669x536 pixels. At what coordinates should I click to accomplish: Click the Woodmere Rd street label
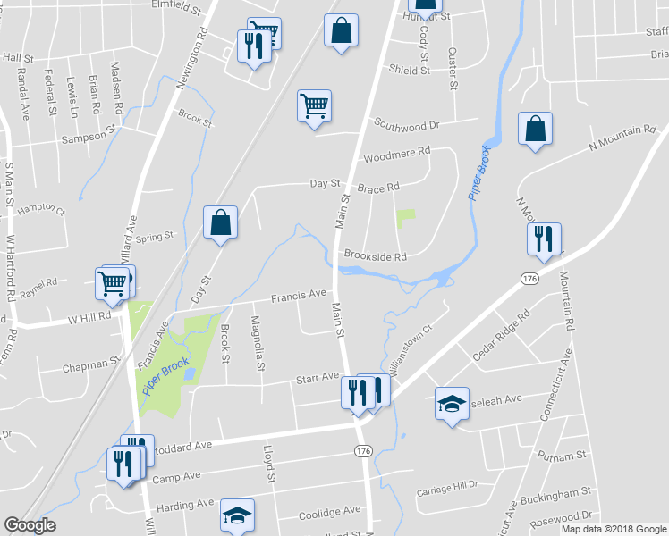click(x=397, y=154)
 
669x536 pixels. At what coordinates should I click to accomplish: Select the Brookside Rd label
click(x=375, y=256)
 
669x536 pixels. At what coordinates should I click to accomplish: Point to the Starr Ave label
click(x=318, y=378)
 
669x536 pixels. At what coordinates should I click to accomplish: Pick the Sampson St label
click(x=89, y=139)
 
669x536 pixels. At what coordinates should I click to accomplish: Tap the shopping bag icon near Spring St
click(x=220, y=223)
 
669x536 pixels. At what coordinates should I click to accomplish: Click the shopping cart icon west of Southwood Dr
click(x=314, y=106)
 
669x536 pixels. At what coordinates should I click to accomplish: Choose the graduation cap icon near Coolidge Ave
click(x=237, y=515)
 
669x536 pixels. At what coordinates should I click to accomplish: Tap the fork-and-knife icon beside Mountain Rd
click(x=544, y=239)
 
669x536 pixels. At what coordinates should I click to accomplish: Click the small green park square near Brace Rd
click(x=406, y=216)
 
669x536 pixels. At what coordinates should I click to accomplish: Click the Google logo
click(x=30, y=525)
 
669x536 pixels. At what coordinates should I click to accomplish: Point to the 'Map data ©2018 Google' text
click(x=614, y=529)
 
